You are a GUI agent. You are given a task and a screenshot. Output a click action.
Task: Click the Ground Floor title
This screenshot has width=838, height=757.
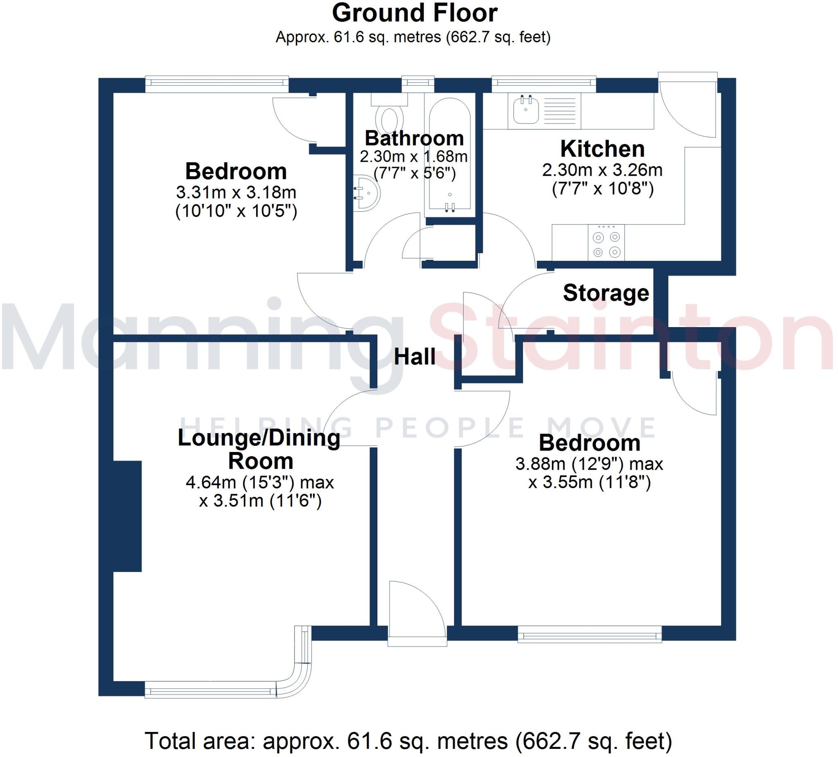414,14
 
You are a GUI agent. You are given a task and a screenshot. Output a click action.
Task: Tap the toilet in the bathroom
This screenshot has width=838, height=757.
389,118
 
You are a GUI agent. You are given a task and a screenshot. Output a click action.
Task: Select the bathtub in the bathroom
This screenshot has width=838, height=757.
449,154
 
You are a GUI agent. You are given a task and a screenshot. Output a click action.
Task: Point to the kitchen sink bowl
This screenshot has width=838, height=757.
526,110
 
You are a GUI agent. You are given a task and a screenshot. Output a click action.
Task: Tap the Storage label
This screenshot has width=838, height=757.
606,293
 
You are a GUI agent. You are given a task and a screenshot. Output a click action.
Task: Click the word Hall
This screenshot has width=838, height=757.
414,357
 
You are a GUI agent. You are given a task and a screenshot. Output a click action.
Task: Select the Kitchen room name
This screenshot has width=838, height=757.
602,149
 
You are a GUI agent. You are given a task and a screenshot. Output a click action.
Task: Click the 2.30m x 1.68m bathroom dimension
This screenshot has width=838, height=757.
414,157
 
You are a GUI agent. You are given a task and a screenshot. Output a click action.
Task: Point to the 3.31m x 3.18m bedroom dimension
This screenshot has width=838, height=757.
236,192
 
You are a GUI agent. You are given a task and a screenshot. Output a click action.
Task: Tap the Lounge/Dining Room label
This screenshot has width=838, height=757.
259,449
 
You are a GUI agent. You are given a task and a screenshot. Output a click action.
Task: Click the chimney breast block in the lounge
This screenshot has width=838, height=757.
128,516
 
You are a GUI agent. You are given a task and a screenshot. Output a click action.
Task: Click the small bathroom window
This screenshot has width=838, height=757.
418,84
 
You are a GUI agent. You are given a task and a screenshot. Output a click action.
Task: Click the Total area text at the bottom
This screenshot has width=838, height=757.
408,741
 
